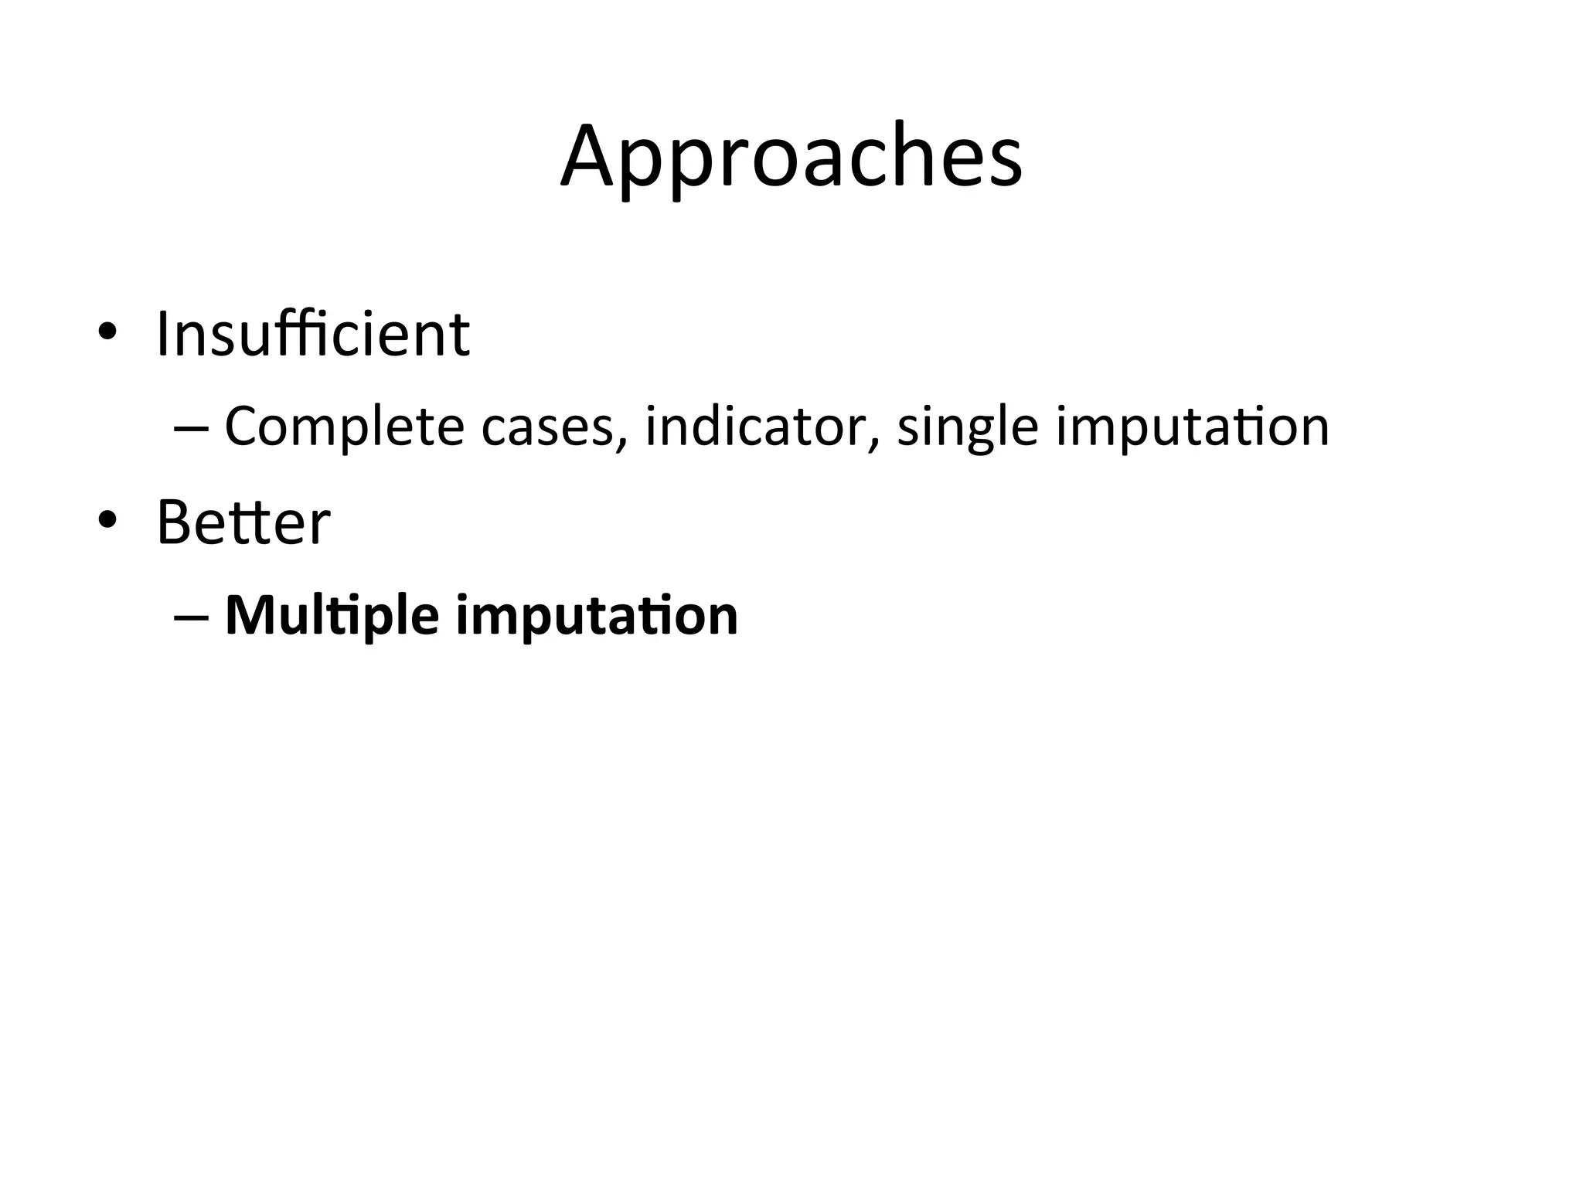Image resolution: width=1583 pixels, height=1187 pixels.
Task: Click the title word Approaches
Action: click(x=791, y=158)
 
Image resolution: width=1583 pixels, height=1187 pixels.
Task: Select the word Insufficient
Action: click(x=312, y=334)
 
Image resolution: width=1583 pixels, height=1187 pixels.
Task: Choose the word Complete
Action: click(x=342, y=427)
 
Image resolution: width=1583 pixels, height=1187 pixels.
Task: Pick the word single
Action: click(x=967, y=427)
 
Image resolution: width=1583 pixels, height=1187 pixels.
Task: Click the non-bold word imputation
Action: click(x=1192, y=427)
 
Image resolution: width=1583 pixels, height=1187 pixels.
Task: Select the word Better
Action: click(x=243, y=522)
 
